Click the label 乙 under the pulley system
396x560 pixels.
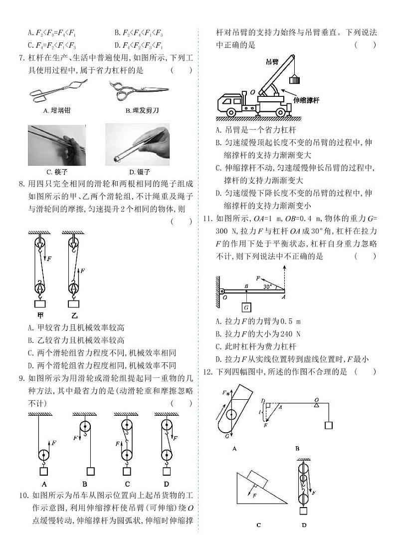[74, 315]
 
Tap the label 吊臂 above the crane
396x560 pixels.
[272, 61]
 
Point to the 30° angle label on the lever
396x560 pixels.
[267, 286]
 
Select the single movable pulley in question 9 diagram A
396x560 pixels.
[43, 455]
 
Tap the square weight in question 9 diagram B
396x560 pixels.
[90, 471]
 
